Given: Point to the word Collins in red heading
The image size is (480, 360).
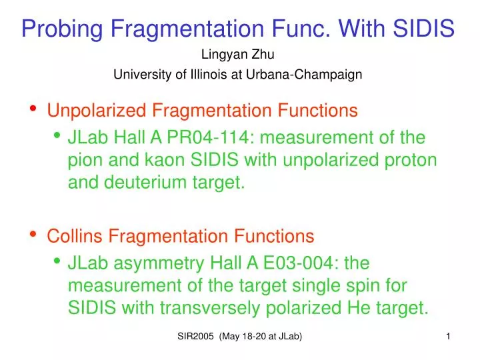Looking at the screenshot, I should (74, 236).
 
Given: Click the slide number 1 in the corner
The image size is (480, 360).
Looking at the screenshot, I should (448, 338).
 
